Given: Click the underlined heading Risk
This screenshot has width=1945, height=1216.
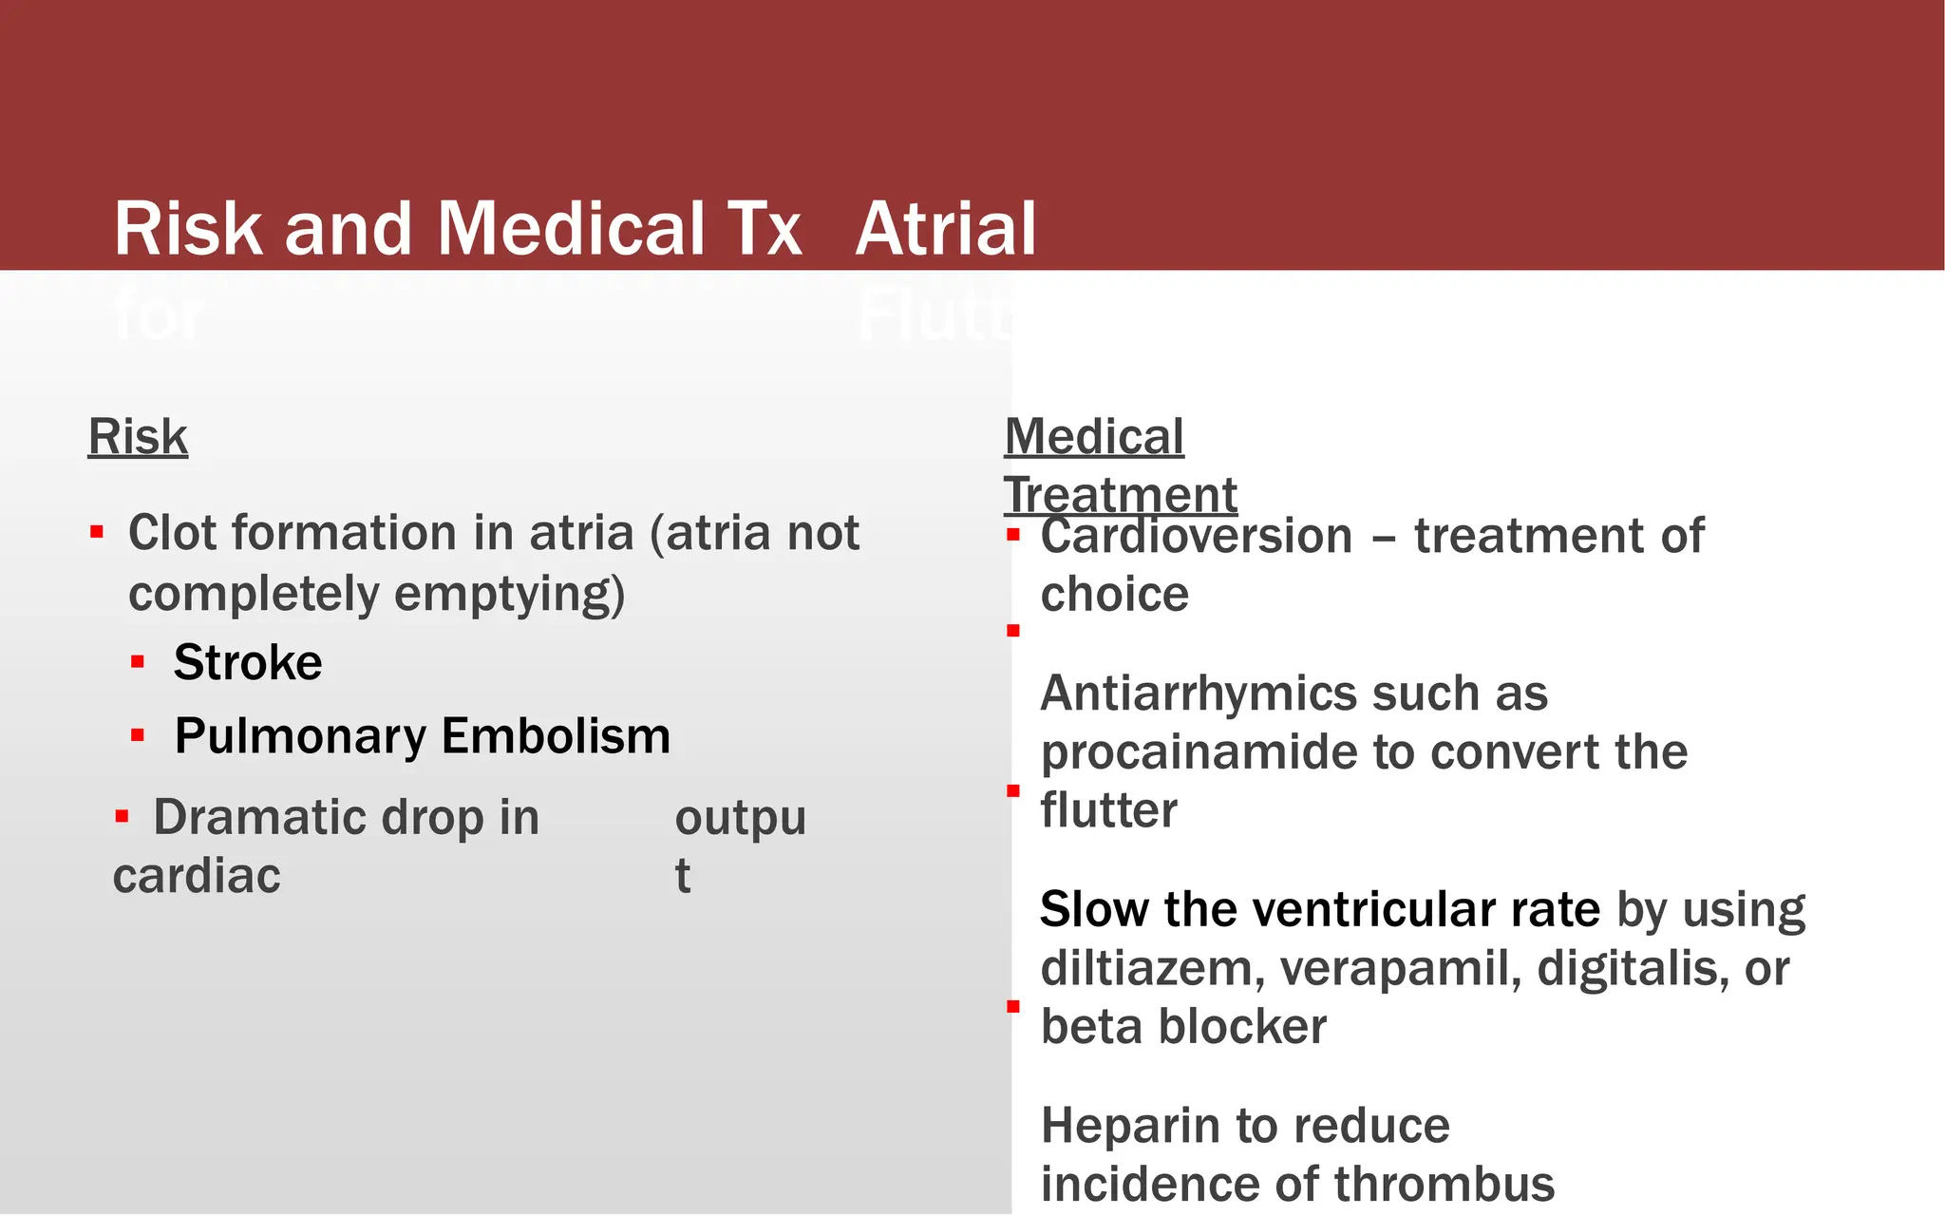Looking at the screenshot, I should (x=138, y=438).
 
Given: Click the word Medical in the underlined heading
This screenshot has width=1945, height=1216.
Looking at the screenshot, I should (x=1094, y=438).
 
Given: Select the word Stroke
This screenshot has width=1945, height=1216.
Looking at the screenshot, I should (x=248, y=662).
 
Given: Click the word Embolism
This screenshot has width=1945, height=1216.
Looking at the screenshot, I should (x=557, y=736).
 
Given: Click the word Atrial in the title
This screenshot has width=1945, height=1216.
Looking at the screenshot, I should (x=946, y=230).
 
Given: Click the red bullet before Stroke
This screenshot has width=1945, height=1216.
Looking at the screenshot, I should (x=138, y=662).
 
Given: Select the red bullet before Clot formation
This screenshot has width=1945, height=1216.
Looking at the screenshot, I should (x=97, y=532).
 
